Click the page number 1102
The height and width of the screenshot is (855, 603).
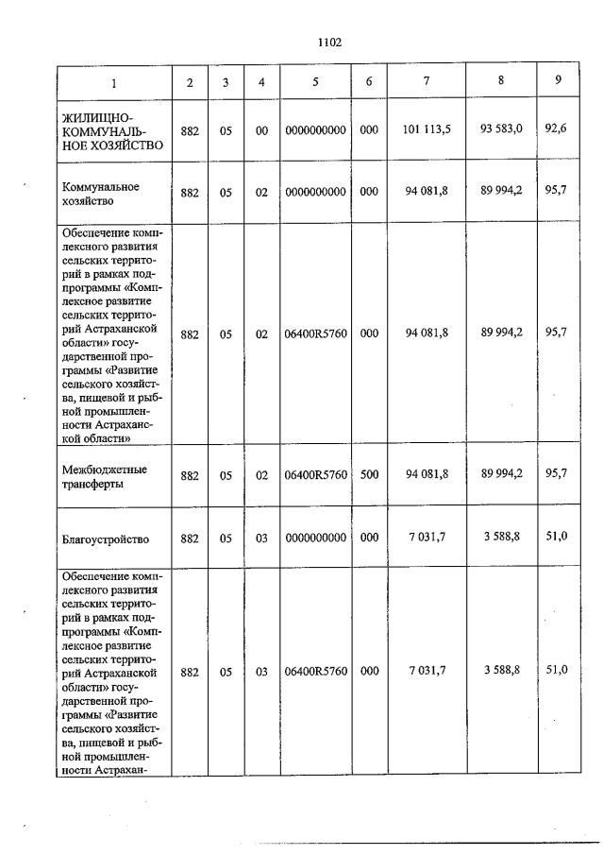329,43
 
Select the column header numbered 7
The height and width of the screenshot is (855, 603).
427,81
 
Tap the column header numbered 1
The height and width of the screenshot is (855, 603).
114,82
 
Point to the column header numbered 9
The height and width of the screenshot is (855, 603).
559,80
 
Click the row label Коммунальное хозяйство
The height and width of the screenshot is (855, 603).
100,194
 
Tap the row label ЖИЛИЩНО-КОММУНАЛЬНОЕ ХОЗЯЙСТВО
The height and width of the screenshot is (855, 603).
112,130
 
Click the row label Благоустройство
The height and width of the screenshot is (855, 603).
105,539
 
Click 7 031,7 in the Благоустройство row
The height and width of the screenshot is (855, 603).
427,539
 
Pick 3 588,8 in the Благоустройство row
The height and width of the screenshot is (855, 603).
501,539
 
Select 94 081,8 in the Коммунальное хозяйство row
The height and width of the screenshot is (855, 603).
427,192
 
